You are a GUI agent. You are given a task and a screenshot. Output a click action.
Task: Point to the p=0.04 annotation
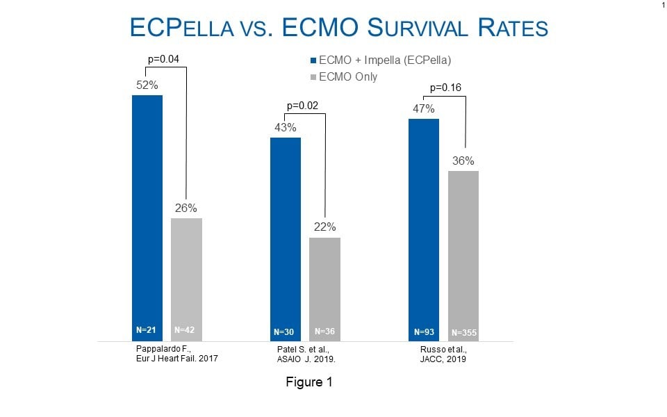tap(164, 59)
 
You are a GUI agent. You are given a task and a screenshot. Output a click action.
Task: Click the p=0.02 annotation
tap(302, 106)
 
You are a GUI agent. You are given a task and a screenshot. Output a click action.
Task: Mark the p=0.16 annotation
tap(446, 88)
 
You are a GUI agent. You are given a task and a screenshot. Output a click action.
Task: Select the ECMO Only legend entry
tap(347, 76)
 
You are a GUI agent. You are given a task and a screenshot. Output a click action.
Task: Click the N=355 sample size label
tap(463, 332)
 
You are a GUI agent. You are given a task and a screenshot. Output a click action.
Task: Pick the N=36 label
tap(324, 331)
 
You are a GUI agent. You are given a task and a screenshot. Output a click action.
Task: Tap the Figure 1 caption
tap(310, 382)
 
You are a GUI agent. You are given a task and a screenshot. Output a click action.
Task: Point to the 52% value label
tap(147, 85)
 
